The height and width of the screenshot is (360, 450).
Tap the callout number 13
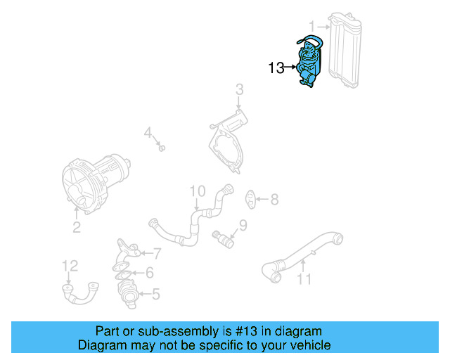point(276,68)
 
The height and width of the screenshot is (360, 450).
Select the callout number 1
point(311,25)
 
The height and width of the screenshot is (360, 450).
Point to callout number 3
point(239,89)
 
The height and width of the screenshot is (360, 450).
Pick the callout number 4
point(148,132)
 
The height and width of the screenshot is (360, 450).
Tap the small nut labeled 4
point(162,148)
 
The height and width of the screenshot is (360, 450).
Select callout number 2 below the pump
point(77,227)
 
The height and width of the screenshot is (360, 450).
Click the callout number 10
point(197,191)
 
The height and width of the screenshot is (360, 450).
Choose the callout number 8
point(274,200)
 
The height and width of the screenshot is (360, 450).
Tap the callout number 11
point(303,280)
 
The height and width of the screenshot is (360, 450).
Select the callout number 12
point(70,265)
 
